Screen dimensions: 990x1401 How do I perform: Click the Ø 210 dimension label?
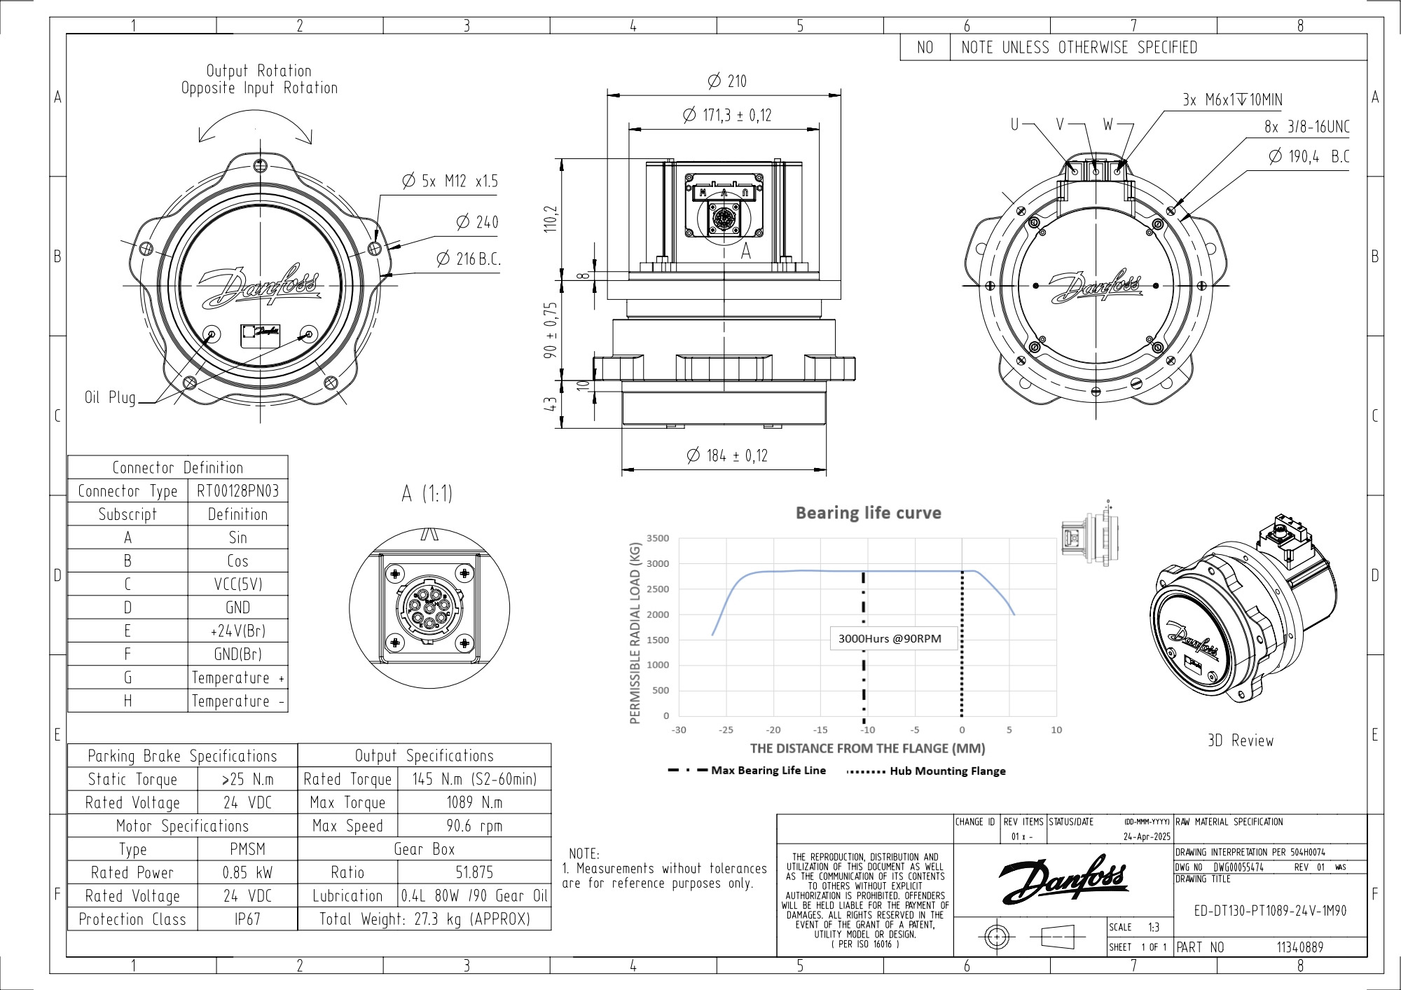coord(728,81)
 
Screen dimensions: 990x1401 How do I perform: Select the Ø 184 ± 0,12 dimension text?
coord(728,456)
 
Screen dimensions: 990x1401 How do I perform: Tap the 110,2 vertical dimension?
coord(551,219)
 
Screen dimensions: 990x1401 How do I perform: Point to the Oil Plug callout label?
coord(110,398)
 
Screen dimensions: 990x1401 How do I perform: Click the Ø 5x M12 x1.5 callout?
coord(450,181)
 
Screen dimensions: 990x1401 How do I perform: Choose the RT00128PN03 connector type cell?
coord(237,490)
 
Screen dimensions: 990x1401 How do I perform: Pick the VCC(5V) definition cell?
coord(237,584)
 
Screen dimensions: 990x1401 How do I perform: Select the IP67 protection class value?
coord(247,919)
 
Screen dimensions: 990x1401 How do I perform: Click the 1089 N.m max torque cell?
coord(474,802)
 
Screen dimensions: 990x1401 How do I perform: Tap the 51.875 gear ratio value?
coord(474,872)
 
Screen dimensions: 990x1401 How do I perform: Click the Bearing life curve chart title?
coord(868,513)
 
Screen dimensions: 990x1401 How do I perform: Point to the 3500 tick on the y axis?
coord(658,538)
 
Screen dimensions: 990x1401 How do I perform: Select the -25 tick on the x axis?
coord(726,730)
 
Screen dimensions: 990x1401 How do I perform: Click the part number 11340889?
coord(1299,947)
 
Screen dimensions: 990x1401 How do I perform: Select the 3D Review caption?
coord(1241,741)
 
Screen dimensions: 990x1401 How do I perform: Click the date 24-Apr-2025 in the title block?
coord(1147,837)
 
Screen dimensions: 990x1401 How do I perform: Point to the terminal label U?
coord(1014,125)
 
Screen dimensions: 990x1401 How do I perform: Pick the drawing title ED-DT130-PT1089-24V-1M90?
coord(1270,911)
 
